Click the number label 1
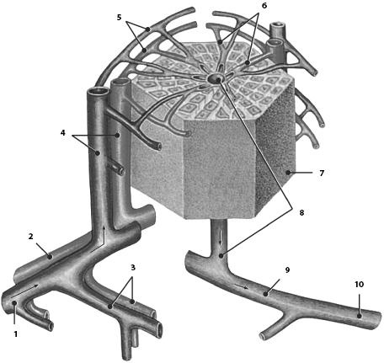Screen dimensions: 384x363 (16, 334)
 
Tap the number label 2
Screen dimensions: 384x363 (30, 237)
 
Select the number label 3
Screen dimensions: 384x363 (133, 267)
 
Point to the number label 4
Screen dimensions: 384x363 (63, 132)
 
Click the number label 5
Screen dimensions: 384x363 (120, 18)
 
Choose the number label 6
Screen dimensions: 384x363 (264, 5)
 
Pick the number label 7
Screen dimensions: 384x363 (322, 173)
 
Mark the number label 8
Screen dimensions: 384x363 (301, 213)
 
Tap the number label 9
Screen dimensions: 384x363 (287, 270)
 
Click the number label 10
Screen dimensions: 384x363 (360, 285)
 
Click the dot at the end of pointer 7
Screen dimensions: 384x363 (288, 173)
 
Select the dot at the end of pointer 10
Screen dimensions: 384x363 (360, 316)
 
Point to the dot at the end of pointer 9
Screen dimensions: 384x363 (265, 294)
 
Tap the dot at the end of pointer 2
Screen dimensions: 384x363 (50, 256)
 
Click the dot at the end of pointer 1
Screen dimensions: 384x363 (14, 302)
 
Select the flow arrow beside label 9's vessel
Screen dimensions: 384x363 (242, 286)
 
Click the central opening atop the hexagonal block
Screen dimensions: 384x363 (215, 78)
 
